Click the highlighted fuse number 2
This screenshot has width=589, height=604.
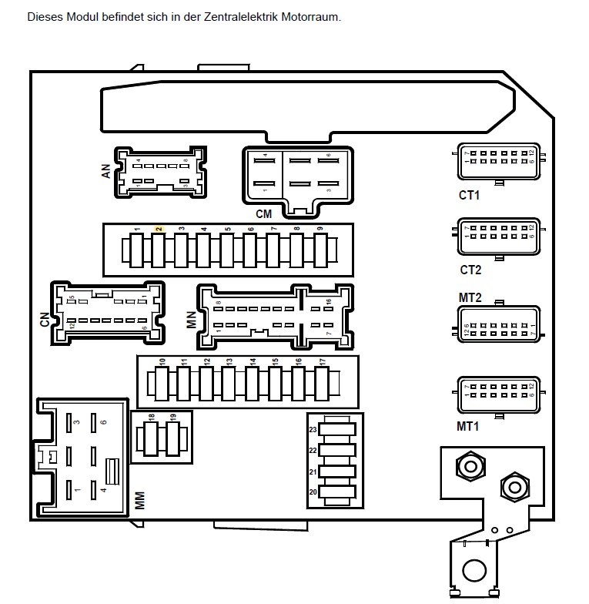(x=159, y=230)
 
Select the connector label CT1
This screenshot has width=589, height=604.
(x=469, y=196)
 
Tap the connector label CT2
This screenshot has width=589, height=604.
(x=470, y=270)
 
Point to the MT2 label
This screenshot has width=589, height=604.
(x=470, y=298)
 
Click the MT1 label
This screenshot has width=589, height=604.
(x=468, y=426)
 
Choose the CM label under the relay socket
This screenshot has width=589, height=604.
(x=264, y=213)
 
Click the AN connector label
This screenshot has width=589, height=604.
(x=106, y=172)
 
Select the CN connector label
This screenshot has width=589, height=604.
(x=44, y=319)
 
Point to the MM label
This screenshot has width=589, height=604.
(x=140, y=502)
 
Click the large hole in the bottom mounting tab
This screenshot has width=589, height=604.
(x=474, y=569)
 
